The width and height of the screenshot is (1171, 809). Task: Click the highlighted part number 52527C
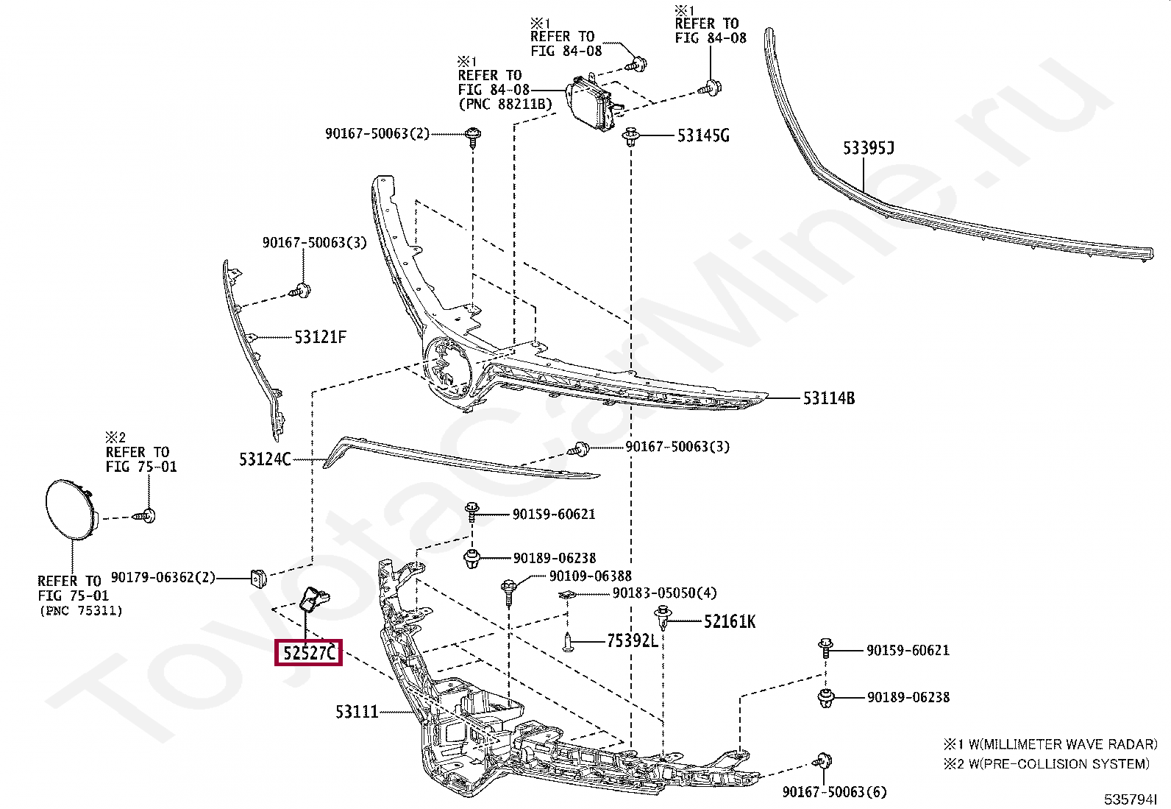click(308, 652)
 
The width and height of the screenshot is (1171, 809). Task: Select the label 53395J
click(868, 148)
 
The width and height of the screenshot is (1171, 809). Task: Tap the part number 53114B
click(828, 398)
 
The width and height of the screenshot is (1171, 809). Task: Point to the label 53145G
click(702, 135)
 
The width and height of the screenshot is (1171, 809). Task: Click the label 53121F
click(320, 337)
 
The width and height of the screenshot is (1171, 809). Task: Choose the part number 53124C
click(265, 459)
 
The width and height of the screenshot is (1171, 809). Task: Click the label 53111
click(357, 712)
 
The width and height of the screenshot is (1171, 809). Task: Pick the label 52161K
click(729, 622)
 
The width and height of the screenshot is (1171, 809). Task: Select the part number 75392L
click(632, 641)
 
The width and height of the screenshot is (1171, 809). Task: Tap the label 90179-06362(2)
click(163, 577)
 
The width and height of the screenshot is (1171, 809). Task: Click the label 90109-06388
click(590, 576)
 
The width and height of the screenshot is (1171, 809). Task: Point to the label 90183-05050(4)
click(663, 593)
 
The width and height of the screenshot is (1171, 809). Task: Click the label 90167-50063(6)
click(834, 792)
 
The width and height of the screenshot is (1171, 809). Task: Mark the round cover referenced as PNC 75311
click(70, 509)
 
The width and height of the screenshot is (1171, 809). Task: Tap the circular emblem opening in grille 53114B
click(446, 368)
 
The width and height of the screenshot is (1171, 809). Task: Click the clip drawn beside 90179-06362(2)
click(257, 579)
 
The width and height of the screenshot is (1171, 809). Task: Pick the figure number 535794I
click(1130, 799)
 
